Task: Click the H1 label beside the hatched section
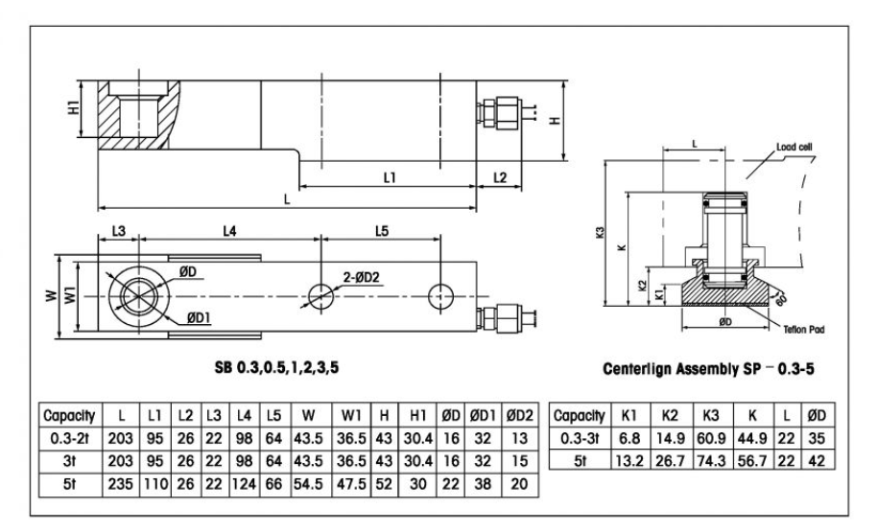74,109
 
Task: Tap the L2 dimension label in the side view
501,177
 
